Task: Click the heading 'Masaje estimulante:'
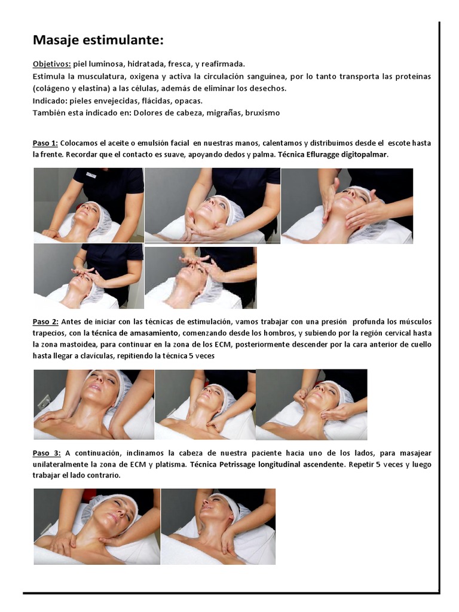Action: (98, 40)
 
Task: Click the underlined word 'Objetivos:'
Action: (52, 64)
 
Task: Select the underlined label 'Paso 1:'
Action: (45, 143)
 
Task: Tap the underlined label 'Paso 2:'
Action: (45, 322)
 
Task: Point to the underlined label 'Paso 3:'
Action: (47, 453)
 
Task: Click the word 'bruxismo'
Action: (262, 113)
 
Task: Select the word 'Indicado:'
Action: (50, 101)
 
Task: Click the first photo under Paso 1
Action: (88, 206)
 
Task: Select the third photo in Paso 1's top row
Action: (347, 206)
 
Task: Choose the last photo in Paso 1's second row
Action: (201, 277)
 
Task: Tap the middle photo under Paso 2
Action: (206, 405)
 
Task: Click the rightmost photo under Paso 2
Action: (311, 405)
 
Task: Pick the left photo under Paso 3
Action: (97, 527)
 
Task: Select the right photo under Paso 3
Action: (218, 527)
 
